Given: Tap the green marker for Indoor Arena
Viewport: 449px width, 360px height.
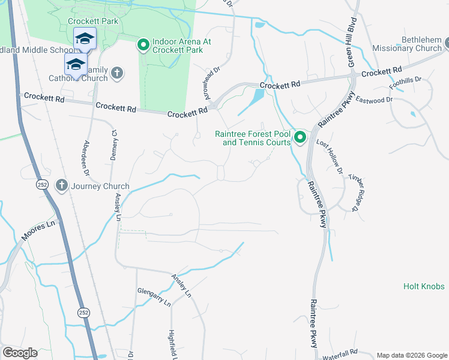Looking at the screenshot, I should coord(143,45).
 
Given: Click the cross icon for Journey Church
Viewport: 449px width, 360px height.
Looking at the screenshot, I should coord(61,185).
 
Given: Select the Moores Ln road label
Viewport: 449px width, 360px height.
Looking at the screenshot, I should coord(38,230).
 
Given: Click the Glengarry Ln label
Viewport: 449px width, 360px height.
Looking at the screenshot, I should coord(154,303).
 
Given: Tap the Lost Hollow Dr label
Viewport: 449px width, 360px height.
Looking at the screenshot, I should coord(330,157).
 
